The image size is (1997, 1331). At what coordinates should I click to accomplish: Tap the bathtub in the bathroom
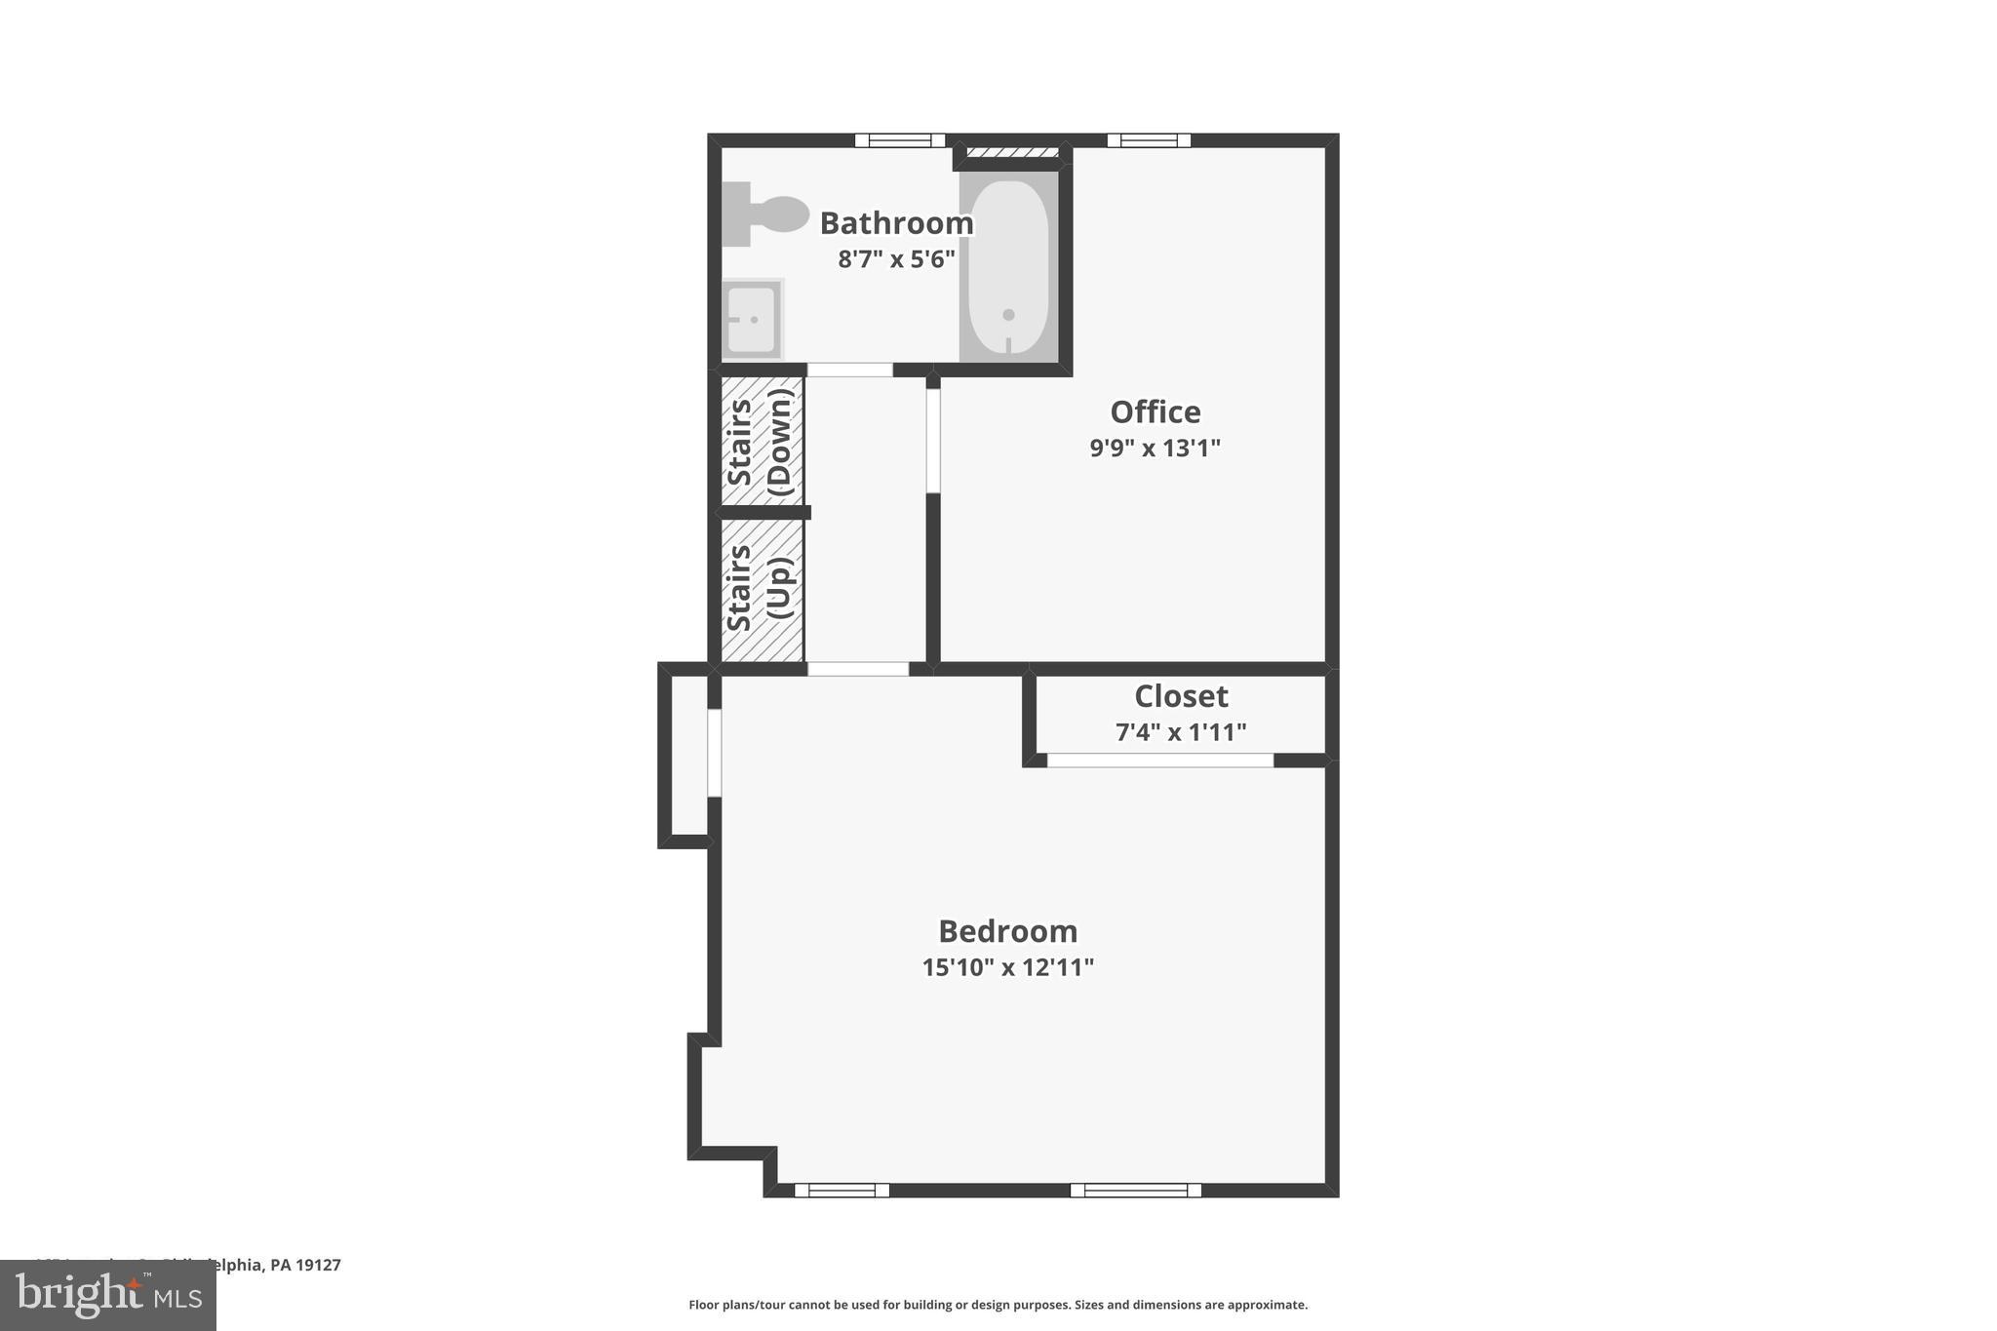tap(1009, 266)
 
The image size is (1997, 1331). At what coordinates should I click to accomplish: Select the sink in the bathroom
tap(752, 319)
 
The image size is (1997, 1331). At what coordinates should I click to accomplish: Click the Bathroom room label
tap(896, 223)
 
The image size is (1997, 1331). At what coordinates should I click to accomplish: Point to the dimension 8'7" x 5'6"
tap(896, 259)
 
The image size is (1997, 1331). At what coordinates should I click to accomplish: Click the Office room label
tap(1155, 412)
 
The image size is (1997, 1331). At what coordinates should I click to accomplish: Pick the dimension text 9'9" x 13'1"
tap(1155, 449)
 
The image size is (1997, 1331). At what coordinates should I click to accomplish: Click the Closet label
tap(1181, 696)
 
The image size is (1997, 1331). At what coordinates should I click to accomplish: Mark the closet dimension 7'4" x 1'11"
tap(1181, 732)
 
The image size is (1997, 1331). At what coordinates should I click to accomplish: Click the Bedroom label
tap(1007, 932)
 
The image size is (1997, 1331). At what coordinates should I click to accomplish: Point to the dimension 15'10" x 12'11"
tap(1007, 968)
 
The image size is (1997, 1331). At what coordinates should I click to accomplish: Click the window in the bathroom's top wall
tap(900, 140)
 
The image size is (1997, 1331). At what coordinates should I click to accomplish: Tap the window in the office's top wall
tap(1149, 140)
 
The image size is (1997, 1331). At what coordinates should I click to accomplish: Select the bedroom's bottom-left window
tap(842, 1190)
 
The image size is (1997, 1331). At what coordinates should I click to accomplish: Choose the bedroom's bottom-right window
tap(1135, 1190)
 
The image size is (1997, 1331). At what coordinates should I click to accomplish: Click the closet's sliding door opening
tap(1160, 761)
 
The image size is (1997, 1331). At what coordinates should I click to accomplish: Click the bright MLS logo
tap(108, 1296)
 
